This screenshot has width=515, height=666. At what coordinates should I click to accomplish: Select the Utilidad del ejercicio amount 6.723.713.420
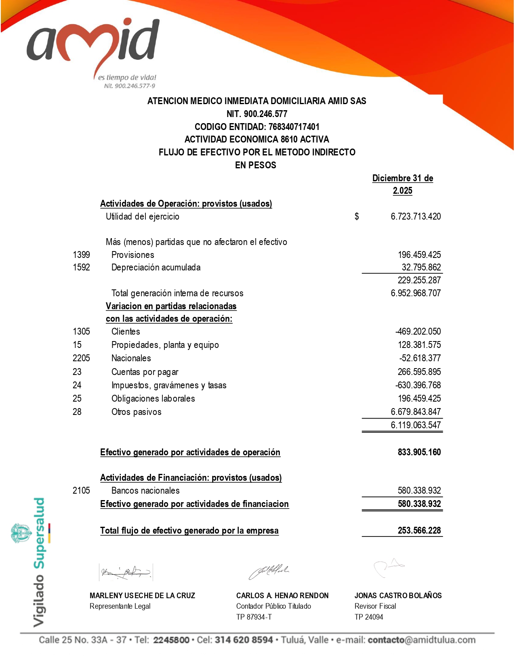416,216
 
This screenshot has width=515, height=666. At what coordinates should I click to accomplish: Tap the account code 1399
81,255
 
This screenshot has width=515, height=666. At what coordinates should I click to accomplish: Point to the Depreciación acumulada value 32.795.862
421,267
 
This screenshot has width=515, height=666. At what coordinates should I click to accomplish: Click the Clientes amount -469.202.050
418,331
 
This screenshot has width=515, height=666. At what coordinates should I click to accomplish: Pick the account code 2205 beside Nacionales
81,358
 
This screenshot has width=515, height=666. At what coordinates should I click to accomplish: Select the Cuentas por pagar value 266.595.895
419,372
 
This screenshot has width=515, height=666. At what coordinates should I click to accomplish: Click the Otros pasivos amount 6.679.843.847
416,412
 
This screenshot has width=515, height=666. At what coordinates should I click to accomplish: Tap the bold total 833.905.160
419,452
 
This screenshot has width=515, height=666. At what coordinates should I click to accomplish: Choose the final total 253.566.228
419,530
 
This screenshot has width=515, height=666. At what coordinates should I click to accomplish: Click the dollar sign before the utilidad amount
357,216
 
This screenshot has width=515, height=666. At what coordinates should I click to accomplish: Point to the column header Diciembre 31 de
402,178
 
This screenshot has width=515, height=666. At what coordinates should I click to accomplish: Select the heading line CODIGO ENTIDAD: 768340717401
257,127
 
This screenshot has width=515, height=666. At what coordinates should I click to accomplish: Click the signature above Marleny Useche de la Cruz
126,572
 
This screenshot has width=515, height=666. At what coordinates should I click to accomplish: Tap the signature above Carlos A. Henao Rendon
268,572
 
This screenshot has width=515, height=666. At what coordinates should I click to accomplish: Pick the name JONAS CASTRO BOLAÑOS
398,595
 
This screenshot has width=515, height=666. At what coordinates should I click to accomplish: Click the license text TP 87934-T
254,617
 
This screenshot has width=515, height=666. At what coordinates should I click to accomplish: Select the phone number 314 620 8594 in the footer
244,640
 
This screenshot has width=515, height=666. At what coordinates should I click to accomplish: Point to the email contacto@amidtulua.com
421,640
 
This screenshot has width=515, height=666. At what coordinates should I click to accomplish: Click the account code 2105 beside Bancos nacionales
81,490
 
